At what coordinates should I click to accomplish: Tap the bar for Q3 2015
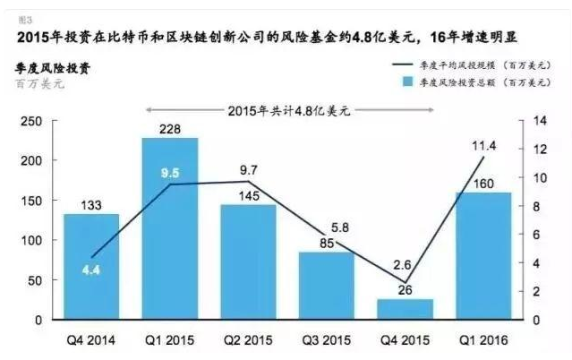tap(327, 286)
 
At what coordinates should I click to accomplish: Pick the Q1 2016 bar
tap(483, 255)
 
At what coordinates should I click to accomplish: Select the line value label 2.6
tap(405, 264)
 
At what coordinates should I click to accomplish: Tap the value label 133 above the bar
tap(91, 206)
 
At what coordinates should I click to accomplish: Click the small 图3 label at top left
tap(19, 17)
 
